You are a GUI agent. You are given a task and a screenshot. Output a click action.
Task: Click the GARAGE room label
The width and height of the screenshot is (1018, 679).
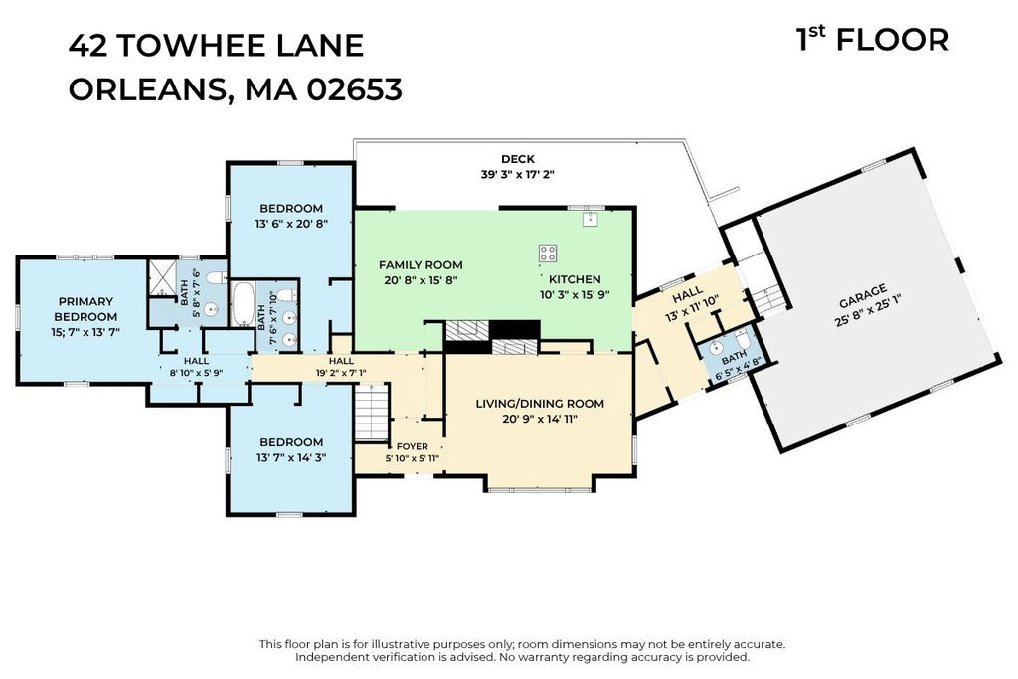[862, 296]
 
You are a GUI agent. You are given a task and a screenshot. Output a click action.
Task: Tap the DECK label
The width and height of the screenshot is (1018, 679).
[517, 159]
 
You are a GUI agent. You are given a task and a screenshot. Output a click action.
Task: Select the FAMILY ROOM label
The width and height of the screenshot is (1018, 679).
[421, 264]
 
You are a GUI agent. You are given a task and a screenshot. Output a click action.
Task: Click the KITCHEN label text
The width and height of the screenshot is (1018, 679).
[575, 279]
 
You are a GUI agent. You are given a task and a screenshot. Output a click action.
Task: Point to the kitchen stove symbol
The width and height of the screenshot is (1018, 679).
[548, 254]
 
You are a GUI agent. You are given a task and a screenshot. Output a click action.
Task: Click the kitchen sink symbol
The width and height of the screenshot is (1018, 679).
[590, 218]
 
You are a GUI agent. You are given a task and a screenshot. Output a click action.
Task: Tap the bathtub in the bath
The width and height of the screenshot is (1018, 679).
[243, 304]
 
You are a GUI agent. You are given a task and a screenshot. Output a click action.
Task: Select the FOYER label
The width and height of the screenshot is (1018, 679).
[413, 446]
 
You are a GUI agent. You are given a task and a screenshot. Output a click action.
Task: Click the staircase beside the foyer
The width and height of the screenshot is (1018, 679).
[372, 413]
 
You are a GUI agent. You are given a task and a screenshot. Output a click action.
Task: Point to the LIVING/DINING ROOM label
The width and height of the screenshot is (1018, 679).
[540, 403]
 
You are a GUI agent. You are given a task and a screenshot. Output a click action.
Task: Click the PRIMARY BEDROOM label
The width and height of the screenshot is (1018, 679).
[85, 309]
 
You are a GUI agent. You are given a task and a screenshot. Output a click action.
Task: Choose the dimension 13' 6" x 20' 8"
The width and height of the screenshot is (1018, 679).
[291, 224]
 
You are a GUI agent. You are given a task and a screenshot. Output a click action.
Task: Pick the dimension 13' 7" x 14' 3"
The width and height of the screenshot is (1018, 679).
[291, 457]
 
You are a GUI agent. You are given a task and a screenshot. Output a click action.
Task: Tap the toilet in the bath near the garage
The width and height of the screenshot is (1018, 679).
[744, 340]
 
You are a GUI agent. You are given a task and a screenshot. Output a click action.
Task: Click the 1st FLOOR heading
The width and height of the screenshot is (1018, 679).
[872, 39]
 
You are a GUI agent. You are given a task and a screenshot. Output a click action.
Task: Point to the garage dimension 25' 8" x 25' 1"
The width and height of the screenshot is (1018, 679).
[868, 311]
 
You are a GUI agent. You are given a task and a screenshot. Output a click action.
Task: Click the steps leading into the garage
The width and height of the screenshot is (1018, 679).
[768, 299]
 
